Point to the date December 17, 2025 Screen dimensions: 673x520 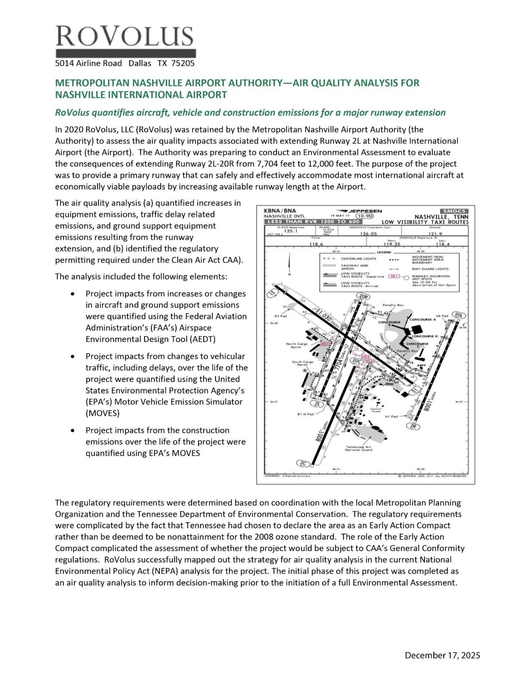coord(442,655)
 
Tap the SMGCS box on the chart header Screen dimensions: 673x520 coord(454,211)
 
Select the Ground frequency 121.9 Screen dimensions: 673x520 coord(435,234)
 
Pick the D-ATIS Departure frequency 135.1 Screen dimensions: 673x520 coord(290,231)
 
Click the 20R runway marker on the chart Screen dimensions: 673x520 coord(364,297)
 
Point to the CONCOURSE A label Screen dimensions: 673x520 coord(423,319)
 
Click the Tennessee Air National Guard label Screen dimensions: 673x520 coord(359,448)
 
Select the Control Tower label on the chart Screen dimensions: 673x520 coord(376,410)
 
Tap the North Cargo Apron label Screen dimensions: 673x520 coord(297,345)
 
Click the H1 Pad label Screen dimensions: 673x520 coord(391,416)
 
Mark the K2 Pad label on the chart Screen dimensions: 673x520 coord(281,316)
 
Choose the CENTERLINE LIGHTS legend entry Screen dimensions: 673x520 coord(358,259)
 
